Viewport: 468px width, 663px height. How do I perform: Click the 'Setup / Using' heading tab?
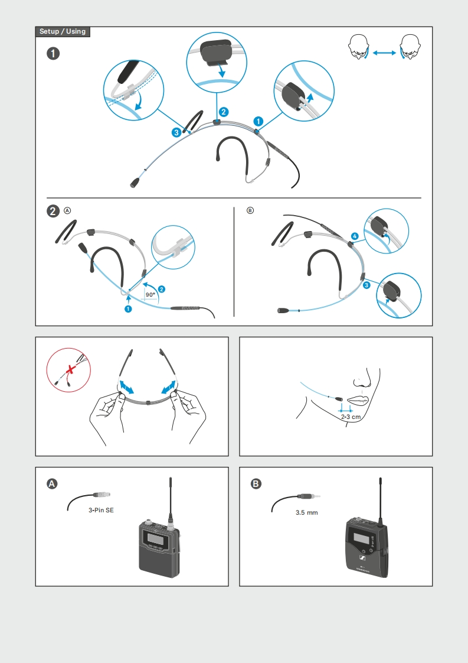[63, 32]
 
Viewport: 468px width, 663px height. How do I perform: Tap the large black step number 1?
[53, 54]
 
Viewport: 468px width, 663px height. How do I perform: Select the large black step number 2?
[53, 210]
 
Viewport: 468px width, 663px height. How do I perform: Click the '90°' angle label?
[150, 295]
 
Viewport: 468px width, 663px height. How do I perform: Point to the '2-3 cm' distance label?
[351, 417]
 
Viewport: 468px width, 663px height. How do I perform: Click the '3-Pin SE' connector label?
[101, 511]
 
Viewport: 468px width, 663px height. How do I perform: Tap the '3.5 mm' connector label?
[307, 512]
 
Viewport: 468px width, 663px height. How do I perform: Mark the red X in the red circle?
[71, 370]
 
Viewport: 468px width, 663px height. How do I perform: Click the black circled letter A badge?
[52, 484]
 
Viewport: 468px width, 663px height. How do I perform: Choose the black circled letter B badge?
[256, 484]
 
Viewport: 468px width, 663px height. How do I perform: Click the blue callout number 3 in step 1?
[176, 132]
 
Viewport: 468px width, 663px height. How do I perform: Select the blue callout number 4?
[355, 236]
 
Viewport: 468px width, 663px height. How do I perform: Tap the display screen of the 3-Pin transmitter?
[153, 538]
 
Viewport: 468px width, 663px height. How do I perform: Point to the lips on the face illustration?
[358, 401]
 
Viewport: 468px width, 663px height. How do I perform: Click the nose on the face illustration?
[362, 378]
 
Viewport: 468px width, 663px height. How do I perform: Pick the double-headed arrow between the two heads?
[384, 53]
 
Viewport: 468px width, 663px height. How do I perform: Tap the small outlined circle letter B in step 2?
[250, 210]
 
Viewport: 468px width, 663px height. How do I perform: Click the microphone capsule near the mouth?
[339, 399]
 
